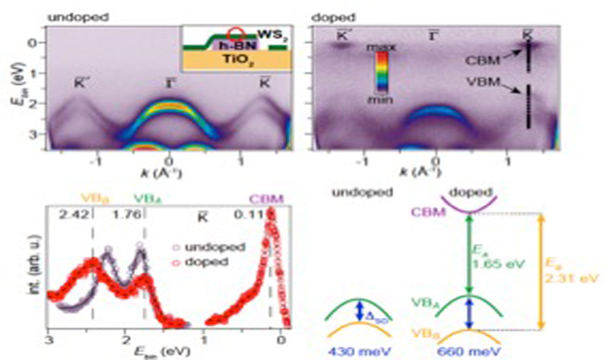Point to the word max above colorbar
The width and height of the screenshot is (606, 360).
384,43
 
